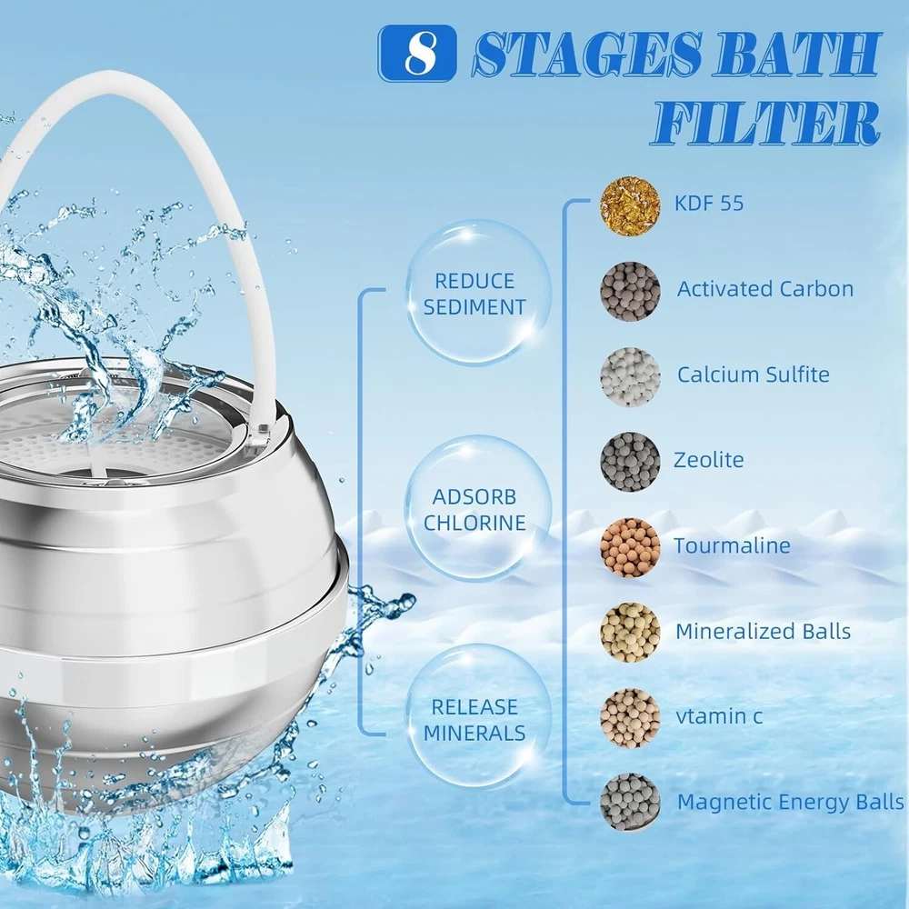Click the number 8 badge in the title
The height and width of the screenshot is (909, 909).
coord(417,53)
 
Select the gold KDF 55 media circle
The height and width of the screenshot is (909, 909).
coord(630,205)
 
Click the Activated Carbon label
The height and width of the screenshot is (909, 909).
coord(765,289)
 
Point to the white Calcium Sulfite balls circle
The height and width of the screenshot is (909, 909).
coord(630,377)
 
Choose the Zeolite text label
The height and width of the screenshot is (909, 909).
coord(708,460)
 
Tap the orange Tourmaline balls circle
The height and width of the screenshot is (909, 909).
coord(630,547)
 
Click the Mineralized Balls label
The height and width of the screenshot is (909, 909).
coord(763,631)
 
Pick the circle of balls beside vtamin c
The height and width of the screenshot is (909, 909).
coord(630,718)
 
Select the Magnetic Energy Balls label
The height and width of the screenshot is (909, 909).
coord(790,802)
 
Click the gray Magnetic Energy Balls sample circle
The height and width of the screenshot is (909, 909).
coord(630,803)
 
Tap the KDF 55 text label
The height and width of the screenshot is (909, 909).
coord(708,204)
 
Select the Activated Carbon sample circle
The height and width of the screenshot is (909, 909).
coord(630,291)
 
